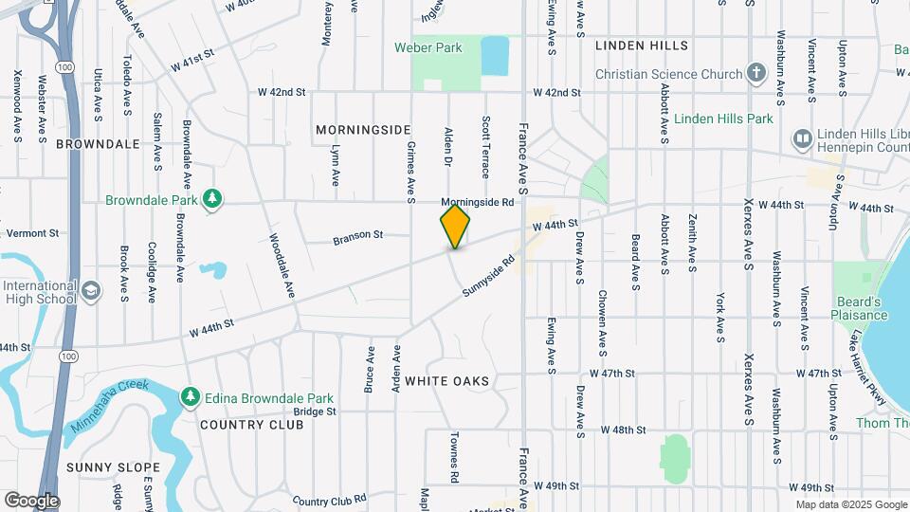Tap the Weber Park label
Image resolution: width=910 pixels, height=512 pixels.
click(428, 47)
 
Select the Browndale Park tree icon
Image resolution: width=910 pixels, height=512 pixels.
click(215, 198)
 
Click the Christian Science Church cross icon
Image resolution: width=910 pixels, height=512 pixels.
click(755, 73)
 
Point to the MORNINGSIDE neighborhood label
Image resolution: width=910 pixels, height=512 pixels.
click(364, 129)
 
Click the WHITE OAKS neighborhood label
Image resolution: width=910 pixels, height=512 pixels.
click(447, 381)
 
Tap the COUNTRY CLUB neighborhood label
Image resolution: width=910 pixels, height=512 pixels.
click(252, 424)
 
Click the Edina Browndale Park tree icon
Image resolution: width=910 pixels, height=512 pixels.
click(191, 394)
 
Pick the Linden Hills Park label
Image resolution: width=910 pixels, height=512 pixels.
click(724, 119)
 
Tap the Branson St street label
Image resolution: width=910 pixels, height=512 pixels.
click(357, 237)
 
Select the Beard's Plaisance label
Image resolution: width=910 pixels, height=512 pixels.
click(860, 308)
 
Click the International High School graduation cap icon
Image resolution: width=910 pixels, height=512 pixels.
click(91, 289)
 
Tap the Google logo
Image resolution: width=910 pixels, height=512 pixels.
click(31, 501)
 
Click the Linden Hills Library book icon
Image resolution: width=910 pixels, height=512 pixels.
click(802, 139)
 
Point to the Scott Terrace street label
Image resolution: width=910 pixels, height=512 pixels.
click(485, 147)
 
